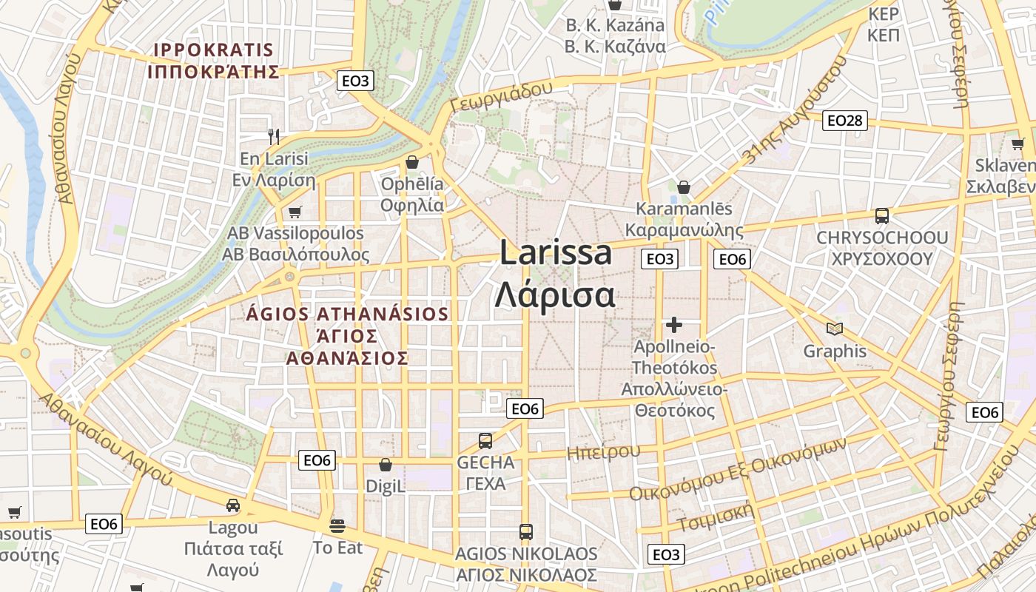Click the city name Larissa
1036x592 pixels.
coord(556,253)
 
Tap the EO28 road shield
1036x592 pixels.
coord(845,120)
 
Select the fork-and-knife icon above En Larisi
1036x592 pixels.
coord(275,136)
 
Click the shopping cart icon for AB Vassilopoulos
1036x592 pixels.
coord(295,212)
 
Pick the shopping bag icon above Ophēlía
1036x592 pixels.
coord(412,162)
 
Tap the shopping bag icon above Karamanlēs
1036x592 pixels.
coord(684,187)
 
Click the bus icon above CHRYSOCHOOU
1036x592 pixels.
coord(881,216)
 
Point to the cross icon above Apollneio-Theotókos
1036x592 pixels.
coord(674,324)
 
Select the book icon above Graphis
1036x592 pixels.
coord(835,329)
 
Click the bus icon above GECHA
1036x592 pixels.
coord(485,441)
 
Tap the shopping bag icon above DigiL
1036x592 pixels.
coord(386,465)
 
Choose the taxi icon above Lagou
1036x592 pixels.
coord(233,505)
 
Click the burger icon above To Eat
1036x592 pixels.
coord(338,526)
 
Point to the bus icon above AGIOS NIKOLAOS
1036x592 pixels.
coord(526,531)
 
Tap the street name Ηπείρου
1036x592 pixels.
coord(603,451)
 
